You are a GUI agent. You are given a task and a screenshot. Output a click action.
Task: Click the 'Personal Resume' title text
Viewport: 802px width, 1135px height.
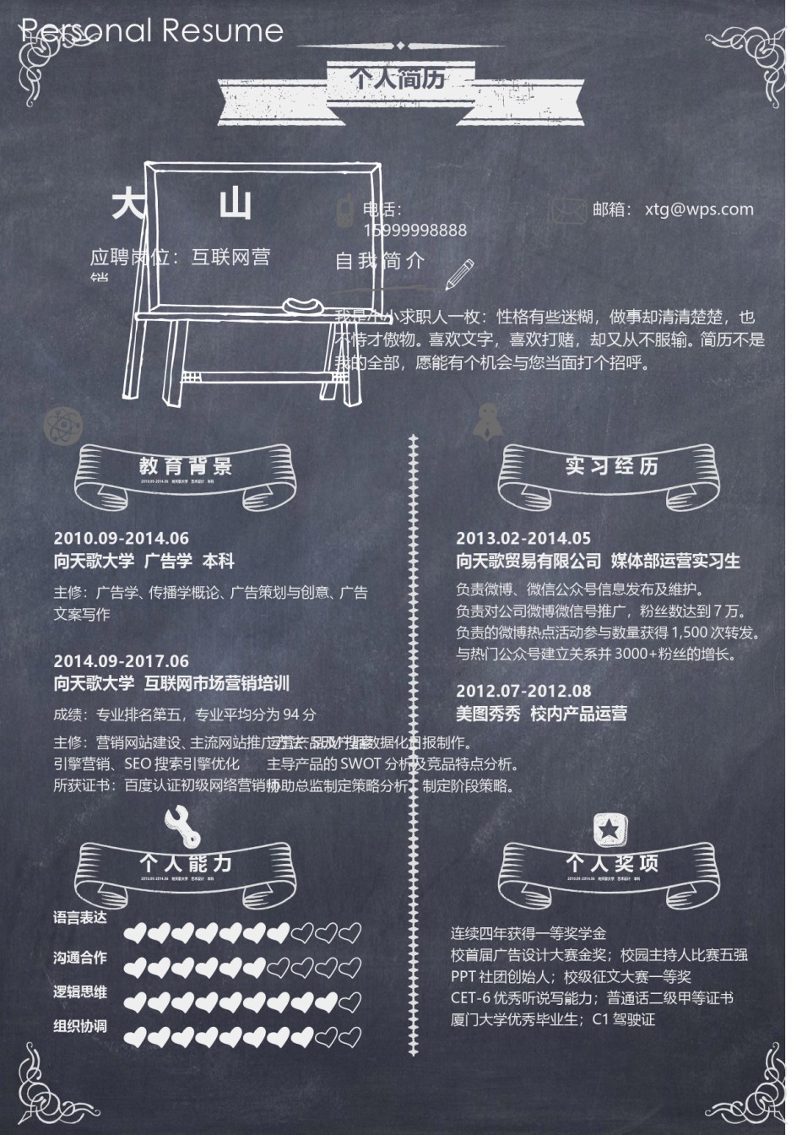coord(152,31)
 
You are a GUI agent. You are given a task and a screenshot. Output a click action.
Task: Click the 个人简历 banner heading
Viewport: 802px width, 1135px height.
coord(398,79)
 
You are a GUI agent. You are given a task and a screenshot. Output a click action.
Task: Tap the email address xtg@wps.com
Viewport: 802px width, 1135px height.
coord(698,209)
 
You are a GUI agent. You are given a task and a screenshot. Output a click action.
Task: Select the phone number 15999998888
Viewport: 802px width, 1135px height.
coord(415,230)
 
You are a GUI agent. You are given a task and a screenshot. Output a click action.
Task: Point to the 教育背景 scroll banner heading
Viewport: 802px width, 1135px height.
coord(186,465)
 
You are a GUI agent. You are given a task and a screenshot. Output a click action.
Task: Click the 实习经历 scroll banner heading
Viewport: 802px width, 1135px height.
coord(611,465)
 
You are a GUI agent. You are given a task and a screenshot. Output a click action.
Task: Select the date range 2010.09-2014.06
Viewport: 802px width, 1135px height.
coord(122,538)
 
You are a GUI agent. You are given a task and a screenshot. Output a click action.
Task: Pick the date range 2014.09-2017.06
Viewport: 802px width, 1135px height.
coord(122,661)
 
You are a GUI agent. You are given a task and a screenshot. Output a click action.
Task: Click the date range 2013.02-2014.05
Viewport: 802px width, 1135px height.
coord(523,538)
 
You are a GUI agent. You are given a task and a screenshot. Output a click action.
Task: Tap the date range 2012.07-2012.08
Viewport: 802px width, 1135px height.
coord(523,691)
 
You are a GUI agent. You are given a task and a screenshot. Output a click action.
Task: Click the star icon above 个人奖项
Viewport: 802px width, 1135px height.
coord(608,828)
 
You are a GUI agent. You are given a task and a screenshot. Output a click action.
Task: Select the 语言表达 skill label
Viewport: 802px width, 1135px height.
coord(80,918)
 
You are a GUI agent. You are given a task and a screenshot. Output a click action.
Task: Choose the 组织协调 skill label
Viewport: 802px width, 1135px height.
coord(80,1026)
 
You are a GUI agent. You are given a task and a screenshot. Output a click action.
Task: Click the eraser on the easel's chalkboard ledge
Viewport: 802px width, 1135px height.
coord(301,304)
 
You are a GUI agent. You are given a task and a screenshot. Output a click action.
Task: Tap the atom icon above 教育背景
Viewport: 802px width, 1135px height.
coord(60,422)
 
